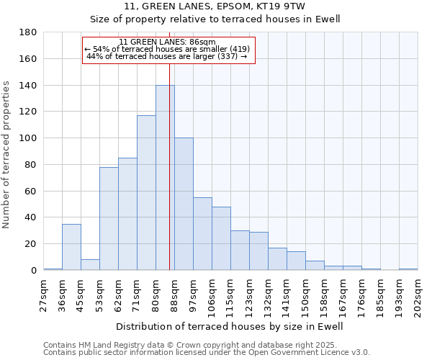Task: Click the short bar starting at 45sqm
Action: pos(90,264)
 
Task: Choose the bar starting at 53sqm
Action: pos(109,219)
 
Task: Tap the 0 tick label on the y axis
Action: pos(33,271)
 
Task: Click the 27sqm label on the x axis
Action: pos(43,294)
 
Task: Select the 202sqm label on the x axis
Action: pos(418,294)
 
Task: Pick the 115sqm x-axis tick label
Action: pos(230,294)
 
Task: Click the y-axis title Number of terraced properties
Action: pos(7,155)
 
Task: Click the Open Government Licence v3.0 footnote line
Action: pos(207,352)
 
